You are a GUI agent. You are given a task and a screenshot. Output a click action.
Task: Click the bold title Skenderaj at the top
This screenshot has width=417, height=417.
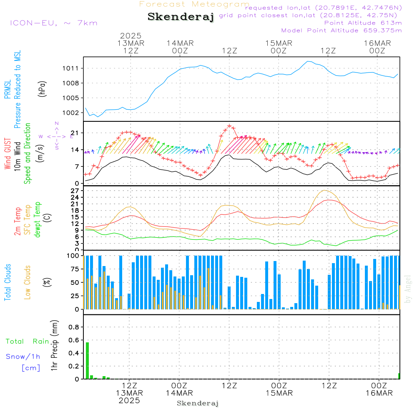click(x=181, y=17)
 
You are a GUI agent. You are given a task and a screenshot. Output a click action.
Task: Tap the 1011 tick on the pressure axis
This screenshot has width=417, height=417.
click(x=70, y=68)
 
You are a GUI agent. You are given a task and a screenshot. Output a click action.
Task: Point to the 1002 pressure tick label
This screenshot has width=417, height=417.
click(x=70, y=113)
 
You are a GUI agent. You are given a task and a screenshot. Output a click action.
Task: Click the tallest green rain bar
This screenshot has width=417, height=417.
click(x=87, y=361)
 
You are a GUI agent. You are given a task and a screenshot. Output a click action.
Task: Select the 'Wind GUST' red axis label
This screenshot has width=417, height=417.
click(x=8, y=153)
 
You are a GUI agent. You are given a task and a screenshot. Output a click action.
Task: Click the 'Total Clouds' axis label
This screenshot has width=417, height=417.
click(x=8, y=282)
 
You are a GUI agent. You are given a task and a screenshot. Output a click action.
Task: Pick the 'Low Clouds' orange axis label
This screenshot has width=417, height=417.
click(x=28, y=282)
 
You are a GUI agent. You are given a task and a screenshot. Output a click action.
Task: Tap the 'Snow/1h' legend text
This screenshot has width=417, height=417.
click(x=23, y=357)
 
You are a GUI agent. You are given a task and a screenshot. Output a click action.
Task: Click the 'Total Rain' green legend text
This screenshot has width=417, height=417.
click(x=28, y=341)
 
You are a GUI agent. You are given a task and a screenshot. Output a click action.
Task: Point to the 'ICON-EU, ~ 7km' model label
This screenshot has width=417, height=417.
click(x=54, y=23)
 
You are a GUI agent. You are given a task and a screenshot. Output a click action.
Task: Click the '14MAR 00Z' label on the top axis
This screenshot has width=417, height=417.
click(x=180, y=47)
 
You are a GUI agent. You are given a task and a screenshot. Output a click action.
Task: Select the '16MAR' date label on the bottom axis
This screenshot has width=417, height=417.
click(x=379, y=393)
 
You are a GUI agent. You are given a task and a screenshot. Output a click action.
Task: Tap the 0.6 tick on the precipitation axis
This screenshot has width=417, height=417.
click(x=74, y=340)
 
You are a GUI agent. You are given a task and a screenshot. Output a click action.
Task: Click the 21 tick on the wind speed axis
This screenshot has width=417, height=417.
click(x=75, y=133)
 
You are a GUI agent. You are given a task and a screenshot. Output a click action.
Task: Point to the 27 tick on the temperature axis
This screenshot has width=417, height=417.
click(x=75, y=191)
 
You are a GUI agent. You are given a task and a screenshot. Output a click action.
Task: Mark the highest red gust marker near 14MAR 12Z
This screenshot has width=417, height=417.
click(x=229, y=126)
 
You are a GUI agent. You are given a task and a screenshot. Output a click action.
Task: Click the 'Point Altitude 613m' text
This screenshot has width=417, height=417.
click(x=363, y=23)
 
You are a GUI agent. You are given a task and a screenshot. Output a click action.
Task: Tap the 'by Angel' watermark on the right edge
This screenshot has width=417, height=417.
click(x=408, y=289)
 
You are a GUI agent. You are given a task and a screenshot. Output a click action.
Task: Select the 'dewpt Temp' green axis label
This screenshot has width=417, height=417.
click(x=37, y=219)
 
